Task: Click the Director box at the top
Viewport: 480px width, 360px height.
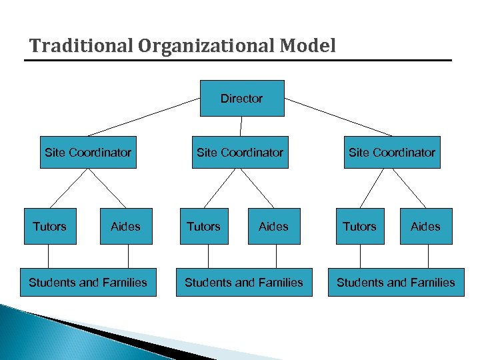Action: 242,98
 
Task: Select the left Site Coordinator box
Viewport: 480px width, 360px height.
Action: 88,152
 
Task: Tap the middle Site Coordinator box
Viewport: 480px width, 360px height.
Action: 240,152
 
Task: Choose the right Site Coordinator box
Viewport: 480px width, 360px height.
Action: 392,152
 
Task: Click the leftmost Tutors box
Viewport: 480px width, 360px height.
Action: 49,226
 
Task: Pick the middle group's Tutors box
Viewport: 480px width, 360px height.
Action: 203,226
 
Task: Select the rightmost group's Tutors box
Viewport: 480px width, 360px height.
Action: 360,226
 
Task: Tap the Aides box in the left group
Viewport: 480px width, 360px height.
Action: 125,226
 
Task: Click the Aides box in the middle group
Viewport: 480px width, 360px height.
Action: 273,226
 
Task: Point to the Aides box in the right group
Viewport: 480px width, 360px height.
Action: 425,226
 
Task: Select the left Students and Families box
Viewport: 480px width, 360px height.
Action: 88,282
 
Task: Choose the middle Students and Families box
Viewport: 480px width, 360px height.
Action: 244,282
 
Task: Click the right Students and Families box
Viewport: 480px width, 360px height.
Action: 396,282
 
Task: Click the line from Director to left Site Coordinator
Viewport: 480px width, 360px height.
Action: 144,117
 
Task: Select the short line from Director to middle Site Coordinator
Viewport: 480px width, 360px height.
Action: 241,126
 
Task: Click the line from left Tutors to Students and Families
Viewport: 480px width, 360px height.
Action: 49,256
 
